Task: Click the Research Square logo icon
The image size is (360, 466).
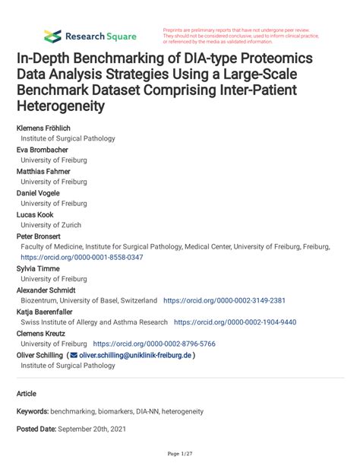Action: [x=52, y=36]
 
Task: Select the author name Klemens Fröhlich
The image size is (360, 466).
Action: [x=46, y=128]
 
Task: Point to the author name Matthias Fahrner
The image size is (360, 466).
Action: [x=45, y=171]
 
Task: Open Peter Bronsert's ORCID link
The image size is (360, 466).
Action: [x=82, y=257]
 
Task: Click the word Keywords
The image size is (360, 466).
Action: [x=33, y=411]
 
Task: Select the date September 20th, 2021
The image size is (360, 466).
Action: [x=94, y=430]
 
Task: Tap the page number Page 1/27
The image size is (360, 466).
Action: [x=179, y=454]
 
